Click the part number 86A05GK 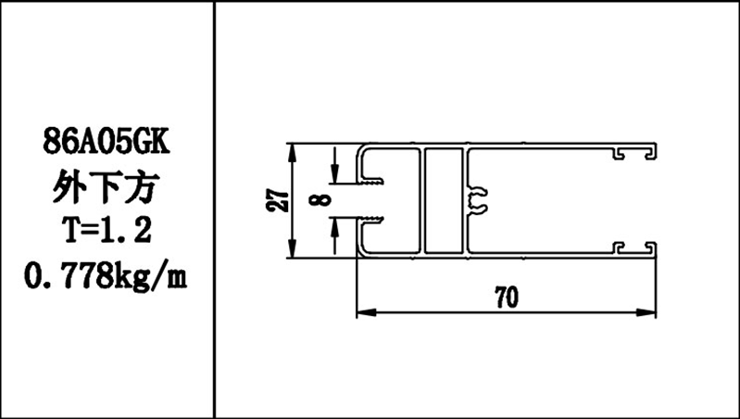coord(107,144)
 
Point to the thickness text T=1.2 coord(107,231)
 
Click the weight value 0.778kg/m coord(107,274)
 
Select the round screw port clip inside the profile coord(479,200)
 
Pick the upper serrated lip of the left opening coord(374,184)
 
